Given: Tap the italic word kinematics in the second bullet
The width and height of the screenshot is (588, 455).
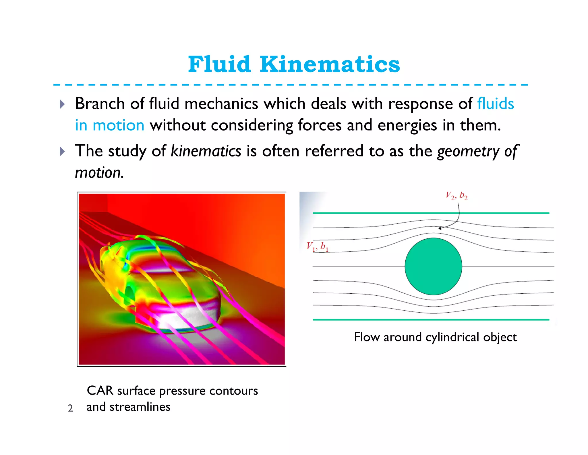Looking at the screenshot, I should pos(206,151).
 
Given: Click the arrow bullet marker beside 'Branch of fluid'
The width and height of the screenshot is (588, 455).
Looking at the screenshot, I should pos(62,104).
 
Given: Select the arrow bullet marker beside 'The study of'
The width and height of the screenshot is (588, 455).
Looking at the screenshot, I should pos(62,151).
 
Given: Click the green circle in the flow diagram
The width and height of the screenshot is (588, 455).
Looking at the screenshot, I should pos(433,266).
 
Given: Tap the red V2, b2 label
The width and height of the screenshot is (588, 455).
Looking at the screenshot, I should pos(457,196).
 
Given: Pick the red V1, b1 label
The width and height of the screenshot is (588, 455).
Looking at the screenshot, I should pos(317,246).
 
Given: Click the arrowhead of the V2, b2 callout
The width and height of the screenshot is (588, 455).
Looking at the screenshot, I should pos(440,228).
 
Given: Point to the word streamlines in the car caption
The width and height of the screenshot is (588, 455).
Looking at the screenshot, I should pos(140,407).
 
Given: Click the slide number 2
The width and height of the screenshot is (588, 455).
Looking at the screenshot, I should pos(70,408).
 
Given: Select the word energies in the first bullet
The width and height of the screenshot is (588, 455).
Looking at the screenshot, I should pos(407,125).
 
